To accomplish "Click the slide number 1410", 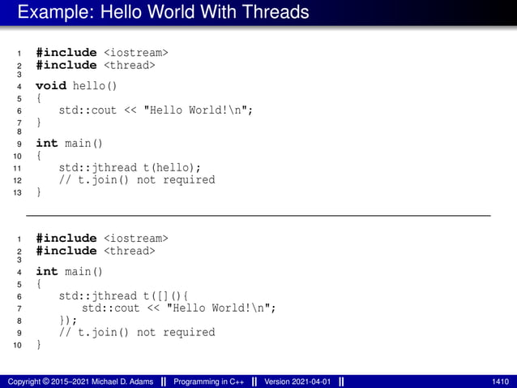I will (x=500, y=381).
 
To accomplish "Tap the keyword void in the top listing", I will (x=51, y=84).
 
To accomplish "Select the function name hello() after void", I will (x=96, y=84).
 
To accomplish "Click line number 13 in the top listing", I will (x=18, y=193).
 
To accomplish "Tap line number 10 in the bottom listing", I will (x=18, y=346).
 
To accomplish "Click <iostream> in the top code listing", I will (x=135, y=53).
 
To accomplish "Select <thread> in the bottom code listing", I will (x=129, y=251).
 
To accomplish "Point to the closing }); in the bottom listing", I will (x=68, y=320).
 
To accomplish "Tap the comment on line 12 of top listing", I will (x=137, y=179).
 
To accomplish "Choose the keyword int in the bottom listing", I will (x=47, y=271).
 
